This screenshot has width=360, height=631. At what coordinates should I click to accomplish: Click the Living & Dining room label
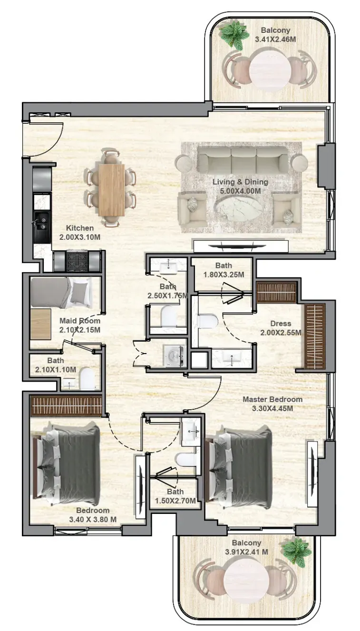pyautogui.click(x=240, y=182)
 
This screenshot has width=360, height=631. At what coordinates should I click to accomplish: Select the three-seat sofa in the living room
pyautogui.click(x=243, y=160)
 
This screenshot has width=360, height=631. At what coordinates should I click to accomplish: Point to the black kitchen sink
pyautogui.click(x=42, y=223)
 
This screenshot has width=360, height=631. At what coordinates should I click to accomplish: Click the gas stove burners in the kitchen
pyautogui.click(x=77, y=261)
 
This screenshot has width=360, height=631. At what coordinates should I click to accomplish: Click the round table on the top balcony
pyautogui.click(x=271, y=70)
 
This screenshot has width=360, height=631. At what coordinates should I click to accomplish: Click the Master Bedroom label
pyautogui.click(x=272, y=399)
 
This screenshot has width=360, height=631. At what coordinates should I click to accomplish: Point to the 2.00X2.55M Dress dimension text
pyautogui.click(x=281, y=333)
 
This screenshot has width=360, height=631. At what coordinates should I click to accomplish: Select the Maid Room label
pyautogui.click(x=80, y=321)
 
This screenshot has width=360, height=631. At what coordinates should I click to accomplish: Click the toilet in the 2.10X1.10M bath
pyautogui.click(x=87, y=379)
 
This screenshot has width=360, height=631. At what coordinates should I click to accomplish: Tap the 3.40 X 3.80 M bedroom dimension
pyautogui.click(x=93, y=520)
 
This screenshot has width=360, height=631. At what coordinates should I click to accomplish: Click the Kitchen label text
pyautogui.click(x=79, y=228)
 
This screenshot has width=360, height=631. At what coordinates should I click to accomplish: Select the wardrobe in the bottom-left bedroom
pyautogui.click(x=66, y=405)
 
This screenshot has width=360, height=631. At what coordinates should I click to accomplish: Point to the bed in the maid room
pyautogui.click(x=61, y=292)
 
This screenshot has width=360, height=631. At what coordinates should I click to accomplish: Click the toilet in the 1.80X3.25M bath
pyautogui.click(x=208, y=321)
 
